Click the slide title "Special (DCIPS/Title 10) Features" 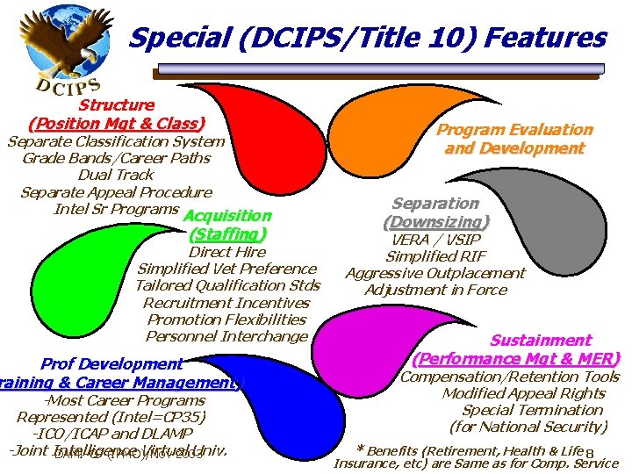pos(367,38)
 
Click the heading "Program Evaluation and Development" pos(514,139)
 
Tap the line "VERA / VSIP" pos(435,240)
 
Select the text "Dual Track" pos(116,175)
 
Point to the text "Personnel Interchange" pos(226,336)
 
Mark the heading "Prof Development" pos(111,363)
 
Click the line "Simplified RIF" pos(435,256)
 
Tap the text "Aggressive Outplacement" pos(435,273)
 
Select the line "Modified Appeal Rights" pos(524,393)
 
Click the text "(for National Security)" pos(528,427)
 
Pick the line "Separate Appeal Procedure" pos(116,191)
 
